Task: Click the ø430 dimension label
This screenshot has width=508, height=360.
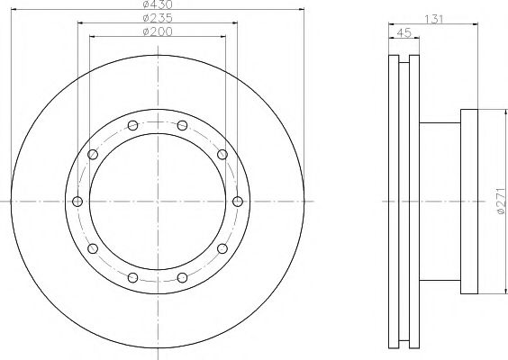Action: (158, 4)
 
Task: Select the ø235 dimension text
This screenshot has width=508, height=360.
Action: (158, 18)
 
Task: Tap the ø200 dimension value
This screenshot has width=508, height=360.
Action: (158, 31)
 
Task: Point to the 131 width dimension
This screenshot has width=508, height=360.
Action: (433, 20)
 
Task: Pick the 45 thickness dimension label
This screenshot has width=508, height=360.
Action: (404, 33)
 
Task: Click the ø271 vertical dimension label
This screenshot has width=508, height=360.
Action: (501, 201)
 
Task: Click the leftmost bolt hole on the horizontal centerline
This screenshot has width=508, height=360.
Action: (77, 202)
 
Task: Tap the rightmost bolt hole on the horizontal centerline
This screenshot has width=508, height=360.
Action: (238, 202)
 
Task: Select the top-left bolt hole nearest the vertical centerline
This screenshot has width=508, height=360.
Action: (132, 125)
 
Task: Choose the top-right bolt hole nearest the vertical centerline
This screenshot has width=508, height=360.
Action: (183, 125)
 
